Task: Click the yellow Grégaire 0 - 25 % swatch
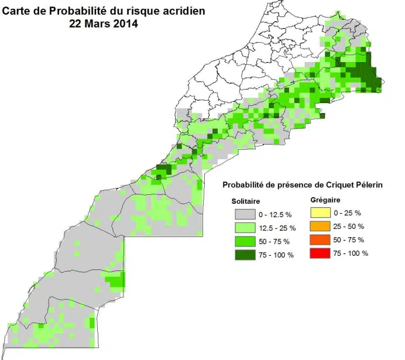[x=321, y=212]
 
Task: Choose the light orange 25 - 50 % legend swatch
[x=321, y=225]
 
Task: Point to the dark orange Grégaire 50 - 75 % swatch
[x=321, y=239]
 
